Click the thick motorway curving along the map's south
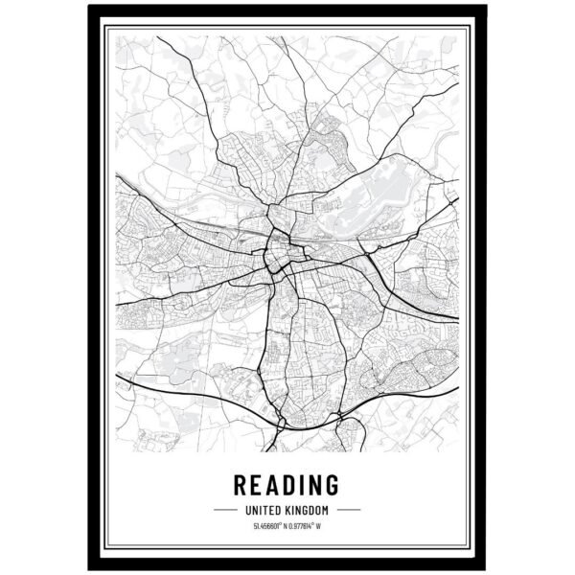[192, 388]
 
